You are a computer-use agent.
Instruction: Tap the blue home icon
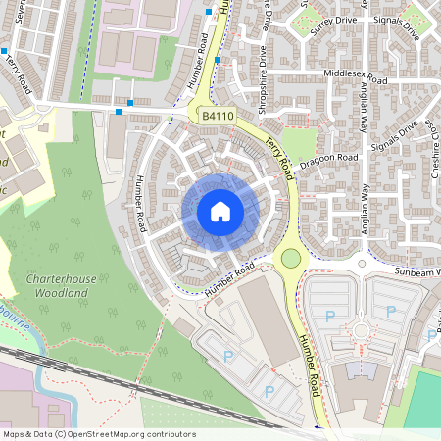click(220, 212)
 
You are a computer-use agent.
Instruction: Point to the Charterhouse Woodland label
click(62, 285)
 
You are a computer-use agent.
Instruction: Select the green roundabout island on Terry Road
click(290, 259)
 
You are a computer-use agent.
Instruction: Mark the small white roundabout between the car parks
click(362, 329)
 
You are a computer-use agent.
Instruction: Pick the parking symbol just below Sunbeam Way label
click(391, 312)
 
